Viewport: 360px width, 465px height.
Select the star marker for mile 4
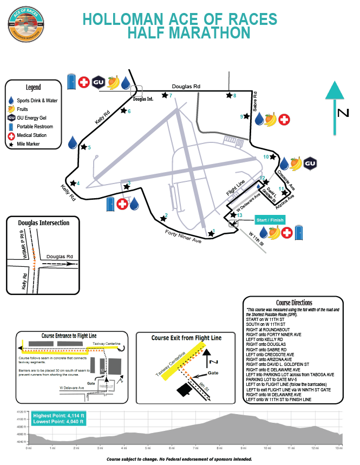tap(73, 183)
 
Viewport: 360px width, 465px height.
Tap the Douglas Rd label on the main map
tap(186, 87)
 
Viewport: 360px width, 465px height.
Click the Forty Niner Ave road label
tap(182, 237)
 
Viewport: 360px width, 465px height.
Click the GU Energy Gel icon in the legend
tap(11, 118)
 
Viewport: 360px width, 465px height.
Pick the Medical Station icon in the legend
tap(11, 135)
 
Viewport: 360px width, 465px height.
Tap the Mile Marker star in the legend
tap(11, 145)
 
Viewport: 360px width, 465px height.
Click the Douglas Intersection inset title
tap(43, 223)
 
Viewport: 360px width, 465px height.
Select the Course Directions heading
tap(293, 303)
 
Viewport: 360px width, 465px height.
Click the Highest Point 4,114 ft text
tap(58, 415)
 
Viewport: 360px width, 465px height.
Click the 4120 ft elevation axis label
tap(21, 412)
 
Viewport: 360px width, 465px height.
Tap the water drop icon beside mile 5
tap(72, 143)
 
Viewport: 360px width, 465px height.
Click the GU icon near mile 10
tap(310, 163)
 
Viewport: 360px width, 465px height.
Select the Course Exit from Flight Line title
tap(186, 338)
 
